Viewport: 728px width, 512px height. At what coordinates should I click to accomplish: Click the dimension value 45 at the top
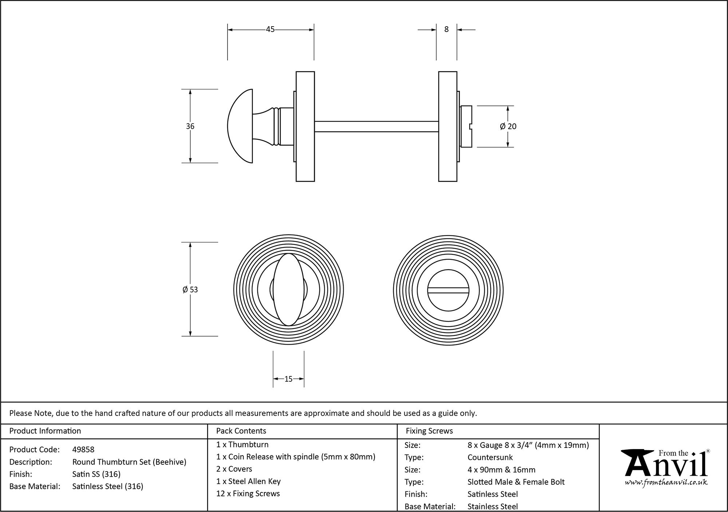tap(270, 29)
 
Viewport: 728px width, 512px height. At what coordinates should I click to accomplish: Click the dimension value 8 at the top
tap(446, 29)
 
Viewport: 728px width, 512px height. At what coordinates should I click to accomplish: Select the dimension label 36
tap(190, 126)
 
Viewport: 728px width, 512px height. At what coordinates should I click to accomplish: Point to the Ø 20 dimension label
tap(508, 126)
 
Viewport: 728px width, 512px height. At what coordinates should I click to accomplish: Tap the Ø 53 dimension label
tap(190, 290)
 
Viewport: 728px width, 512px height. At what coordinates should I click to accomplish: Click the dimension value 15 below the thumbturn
tap(288, 379)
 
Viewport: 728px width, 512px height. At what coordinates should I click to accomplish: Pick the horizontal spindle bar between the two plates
tap(376, 126)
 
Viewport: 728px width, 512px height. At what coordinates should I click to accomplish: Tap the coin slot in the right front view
tap(448, 290)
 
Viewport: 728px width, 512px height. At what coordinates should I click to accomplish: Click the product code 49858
tap(83, 449)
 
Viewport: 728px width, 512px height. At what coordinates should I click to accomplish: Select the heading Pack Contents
tap(241, 431)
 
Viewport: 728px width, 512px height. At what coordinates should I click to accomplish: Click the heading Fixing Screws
tap(429, 431)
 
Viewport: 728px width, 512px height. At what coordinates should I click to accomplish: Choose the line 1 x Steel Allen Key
tap(248, 481)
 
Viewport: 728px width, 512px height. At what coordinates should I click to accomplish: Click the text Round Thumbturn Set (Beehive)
tap(129, 462)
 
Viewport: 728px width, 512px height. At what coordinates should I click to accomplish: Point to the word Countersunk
tap(490, 457)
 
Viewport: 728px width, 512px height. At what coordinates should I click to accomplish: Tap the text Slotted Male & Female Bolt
tap(516, 482)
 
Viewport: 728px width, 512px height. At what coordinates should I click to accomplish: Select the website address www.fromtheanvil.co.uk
tap(666, 483)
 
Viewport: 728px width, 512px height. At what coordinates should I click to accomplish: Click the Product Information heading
tap(45, 431)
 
